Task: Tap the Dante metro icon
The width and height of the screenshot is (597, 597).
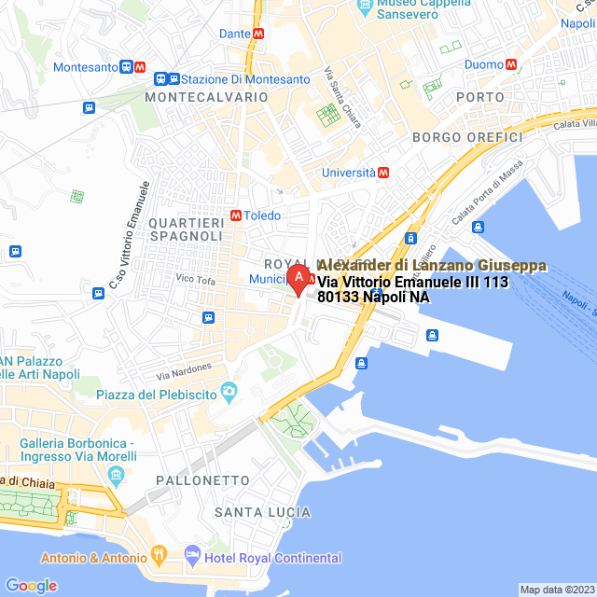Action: tap(258, 33)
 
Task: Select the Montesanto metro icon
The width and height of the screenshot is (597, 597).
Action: tap(139, 67)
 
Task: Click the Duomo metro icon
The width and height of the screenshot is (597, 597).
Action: tap(511, 64)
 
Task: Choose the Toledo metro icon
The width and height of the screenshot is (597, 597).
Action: tap(236, 215)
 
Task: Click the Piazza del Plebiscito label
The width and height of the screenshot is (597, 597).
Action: tap(157, 395)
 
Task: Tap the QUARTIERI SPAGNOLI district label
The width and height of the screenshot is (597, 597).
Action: tap(187, 229)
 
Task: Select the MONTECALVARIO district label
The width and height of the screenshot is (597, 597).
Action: tap(193, 97)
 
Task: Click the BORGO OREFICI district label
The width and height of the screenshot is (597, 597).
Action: tap(467, 137)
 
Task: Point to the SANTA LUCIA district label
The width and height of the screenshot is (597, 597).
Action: tap(262, 512)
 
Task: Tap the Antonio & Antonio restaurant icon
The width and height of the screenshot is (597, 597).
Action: tap(160, 558)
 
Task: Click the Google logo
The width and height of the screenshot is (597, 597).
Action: tap(31, 585)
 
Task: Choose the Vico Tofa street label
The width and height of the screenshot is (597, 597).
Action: tap(194, 279)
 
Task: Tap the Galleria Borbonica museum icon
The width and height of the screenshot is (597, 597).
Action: tap(116, 477)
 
